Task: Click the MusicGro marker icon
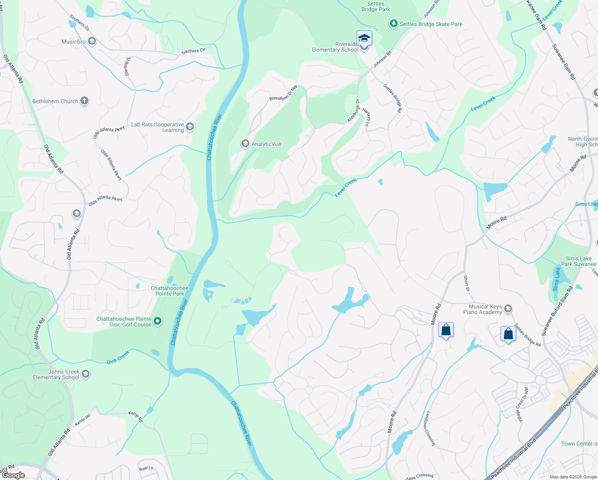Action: tap(92, 42)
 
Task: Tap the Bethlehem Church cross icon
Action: tap(84, 101)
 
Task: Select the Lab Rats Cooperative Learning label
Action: tap(157, 127)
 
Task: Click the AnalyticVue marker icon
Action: tap(245, 144)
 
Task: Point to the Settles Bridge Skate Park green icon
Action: tap(394, 24)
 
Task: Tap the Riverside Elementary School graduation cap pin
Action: tap(364, 39)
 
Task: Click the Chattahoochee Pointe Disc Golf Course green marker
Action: tap(157, 321)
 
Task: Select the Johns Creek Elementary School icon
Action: tap(85, 374)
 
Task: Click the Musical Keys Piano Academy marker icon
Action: tap(508, 309)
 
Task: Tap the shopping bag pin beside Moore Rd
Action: tap(446, 330)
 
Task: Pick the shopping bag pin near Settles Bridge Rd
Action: tap(508, 334)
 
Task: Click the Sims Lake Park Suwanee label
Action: tap(578, 261)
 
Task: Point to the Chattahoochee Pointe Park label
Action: tap(169, 291)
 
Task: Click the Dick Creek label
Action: tap(118, 357)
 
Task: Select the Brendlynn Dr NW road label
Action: tap(283, 93)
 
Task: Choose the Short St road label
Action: tap(466, 283)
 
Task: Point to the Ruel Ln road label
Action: tap(146, 468)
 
